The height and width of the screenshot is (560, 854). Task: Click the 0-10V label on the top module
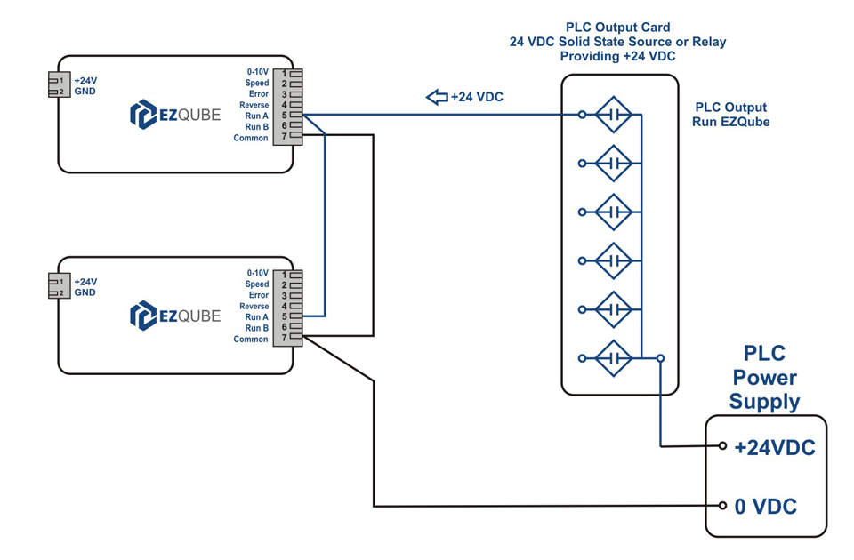[257, 72]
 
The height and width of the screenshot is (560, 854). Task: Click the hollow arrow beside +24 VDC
[437, 97]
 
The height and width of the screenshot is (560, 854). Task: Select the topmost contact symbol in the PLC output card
[613, 115]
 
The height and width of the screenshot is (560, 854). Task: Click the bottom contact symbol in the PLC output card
[613, 358]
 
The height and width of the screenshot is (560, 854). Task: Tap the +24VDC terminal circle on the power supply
[723, 446]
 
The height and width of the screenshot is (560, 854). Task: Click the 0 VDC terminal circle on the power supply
[723, 506]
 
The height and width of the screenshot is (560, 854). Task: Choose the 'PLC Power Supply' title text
[764, 378]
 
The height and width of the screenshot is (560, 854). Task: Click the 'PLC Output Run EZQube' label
[730, 115]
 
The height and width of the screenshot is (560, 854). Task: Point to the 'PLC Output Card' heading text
[617, 28]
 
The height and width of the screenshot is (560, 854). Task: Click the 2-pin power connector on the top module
[59, 86]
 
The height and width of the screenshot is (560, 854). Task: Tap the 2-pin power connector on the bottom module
[59, 287]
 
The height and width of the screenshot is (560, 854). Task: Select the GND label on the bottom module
[85, 292]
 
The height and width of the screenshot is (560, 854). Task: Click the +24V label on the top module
[85, 81]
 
